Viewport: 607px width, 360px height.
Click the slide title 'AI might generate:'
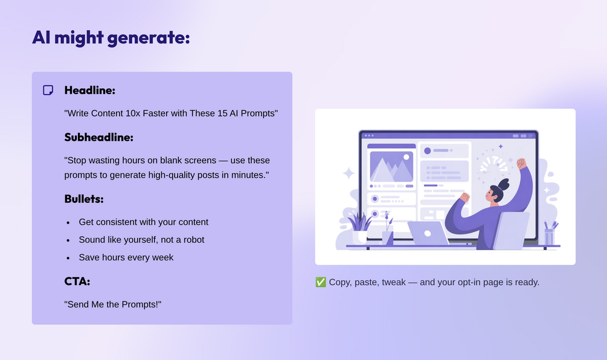[x=111, y=37]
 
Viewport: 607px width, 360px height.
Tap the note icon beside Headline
[x=48, y=90]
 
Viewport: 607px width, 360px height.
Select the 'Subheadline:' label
[x=98, y=137]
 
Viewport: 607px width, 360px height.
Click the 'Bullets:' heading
[x=84, y=199]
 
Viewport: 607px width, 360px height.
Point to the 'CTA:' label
[x=77, y=281]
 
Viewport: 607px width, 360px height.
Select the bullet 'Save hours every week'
[x=126, y=257]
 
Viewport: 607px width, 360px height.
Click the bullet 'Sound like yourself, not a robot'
[x=142, y=240]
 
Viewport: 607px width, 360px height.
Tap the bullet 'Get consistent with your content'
[x=144, y=222]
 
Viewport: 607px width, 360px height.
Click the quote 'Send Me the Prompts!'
[x=113, y=304]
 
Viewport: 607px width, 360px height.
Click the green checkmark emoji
[x=321, y=282]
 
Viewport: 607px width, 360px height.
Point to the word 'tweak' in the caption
[x=394, y=282]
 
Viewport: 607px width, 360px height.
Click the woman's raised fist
[x=521, y=163]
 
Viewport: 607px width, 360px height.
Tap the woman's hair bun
[x=504, y=184]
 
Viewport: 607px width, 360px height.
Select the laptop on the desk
[x=428, y=233]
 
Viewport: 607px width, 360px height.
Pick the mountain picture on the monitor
[x=391, y=167]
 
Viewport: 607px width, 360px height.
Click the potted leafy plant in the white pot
[x=359, y=228]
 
